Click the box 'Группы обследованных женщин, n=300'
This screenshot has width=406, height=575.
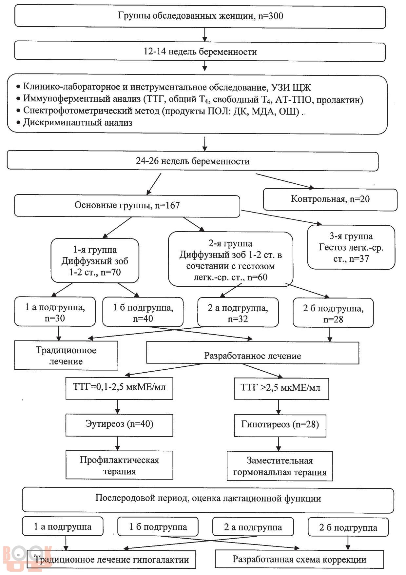pos(200,16)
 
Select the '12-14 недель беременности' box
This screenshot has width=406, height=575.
pos(200,51)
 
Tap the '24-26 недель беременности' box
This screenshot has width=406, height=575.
pos(193,161)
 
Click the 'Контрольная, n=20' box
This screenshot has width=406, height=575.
pos(330,199)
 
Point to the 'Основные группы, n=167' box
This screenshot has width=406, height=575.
pos(127,206)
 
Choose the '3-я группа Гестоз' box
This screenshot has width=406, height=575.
pos(351,247)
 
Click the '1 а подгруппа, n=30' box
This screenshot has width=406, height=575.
pos(55,312)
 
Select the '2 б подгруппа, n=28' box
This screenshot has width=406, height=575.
pos(333,313)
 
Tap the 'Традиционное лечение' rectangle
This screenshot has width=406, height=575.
pos(66,356)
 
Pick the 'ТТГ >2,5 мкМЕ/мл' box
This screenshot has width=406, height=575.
pos(281,389)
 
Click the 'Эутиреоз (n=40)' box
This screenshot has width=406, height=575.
pos(119,425)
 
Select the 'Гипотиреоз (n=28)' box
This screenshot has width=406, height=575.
pos(280,425)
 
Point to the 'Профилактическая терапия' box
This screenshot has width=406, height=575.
pos(119,465)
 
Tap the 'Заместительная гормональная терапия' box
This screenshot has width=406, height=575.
pos(280,466)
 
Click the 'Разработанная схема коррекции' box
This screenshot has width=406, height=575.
pos(299,559)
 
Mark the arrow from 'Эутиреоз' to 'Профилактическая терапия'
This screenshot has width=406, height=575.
pos(118,443)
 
